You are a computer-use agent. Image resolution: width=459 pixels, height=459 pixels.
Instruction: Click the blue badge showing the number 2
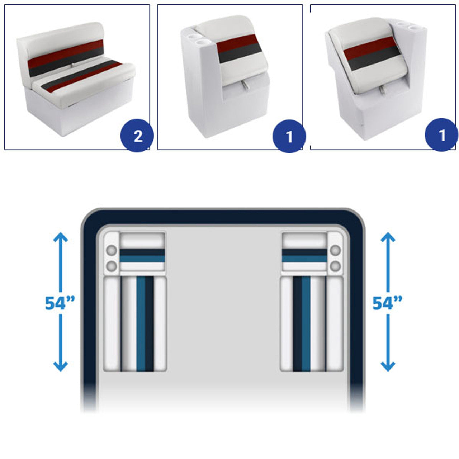tap(137, 136)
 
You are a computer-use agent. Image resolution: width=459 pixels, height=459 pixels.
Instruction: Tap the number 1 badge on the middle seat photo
tap(289, 136)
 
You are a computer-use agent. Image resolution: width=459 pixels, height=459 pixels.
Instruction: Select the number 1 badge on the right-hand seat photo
tap(441, 135)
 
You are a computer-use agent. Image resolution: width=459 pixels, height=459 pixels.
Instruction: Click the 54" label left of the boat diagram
tap(60, 303)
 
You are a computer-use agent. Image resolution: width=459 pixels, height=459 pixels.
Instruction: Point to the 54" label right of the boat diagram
tap(387, 303)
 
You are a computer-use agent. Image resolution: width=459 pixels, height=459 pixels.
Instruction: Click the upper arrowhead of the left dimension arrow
tap(61, 237)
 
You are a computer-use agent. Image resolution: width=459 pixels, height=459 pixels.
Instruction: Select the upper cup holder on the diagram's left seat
tap(112, 250)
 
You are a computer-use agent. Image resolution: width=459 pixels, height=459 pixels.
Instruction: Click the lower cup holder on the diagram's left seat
tap(112, 266)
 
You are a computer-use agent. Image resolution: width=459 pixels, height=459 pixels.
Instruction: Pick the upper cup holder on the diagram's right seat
tap(335, 250)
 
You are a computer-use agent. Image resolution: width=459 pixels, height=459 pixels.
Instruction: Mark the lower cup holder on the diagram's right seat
tap(335, 266)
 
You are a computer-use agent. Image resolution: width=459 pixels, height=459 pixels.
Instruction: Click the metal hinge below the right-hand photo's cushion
tap(382, 90)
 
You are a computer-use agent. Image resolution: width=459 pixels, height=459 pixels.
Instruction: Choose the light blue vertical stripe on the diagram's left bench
tap(141, 324)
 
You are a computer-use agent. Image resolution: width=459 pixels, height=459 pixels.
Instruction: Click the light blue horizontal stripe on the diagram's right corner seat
tap(304, 259)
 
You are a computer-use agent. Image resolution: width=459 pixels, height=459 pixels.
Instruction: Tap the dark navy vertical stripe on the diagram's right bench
tap(297, 324)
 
